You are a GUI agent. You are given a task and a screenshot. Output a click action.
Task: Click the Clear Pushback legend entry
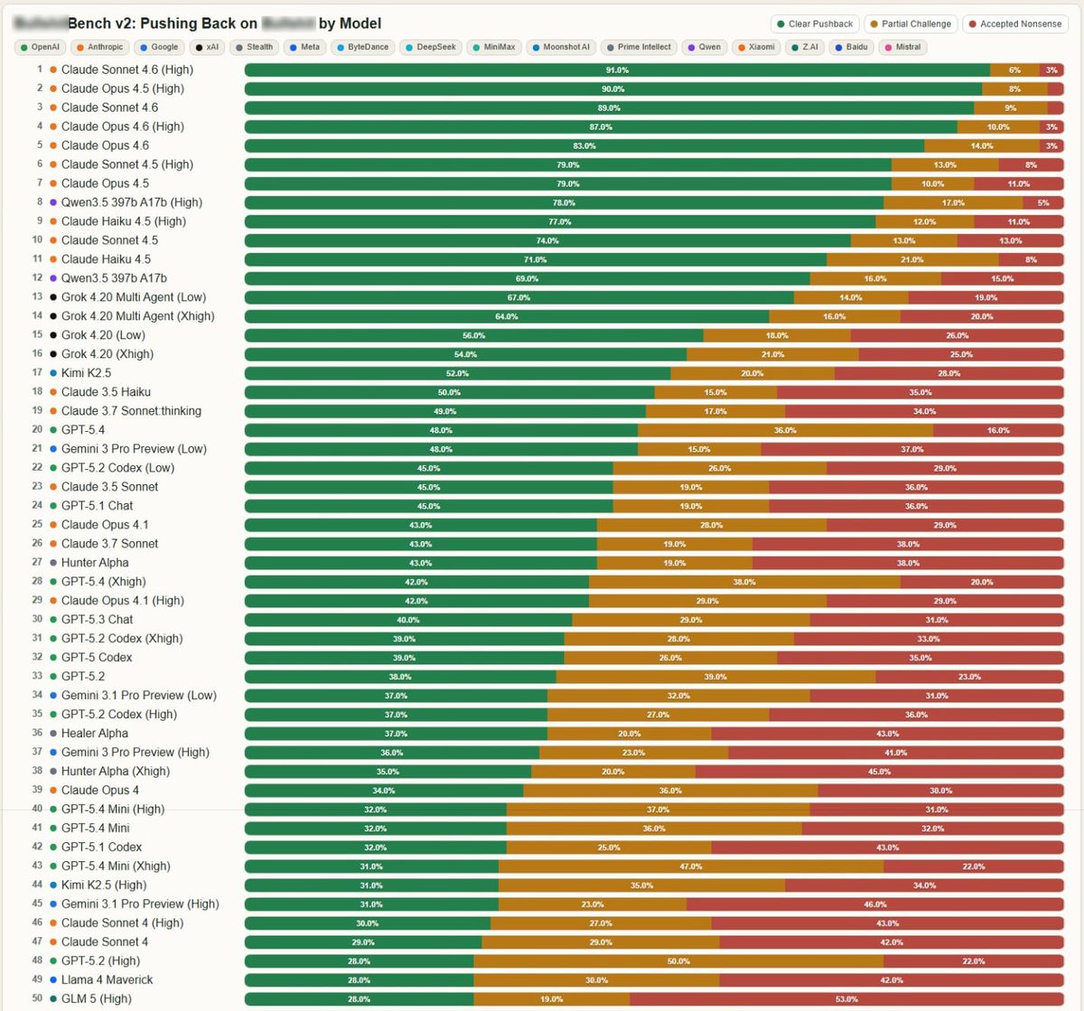point(814,23)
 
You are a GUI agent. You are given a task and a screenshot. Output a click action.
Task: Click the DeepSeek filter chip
point(430,47)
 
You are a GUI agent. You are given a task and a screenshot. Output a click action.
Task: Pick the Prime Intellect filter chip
point(638,47)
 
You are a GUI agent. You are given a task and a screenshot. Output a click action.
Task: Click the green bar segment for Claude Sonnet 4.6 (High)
point(617,70)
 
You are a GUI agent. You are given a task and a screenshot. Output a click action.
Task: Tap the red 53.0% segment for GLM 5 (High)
point(846,998)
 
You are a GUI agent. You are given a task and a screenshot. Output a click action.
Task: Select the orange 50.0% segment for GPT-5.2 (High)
point(678,960)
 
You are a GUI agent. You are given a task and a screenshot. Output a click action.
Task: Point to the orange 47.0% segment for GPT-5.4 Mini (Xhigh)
point(691,866)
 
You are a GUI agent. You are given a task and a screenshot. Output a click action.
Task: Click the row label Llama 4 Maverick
point(107,979)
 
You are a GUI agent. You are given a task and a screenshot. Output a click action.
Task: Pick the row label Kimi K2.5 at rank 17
point(86,372)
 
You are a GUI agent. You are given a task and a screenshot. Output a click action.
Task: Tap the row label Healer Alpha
point(94,733)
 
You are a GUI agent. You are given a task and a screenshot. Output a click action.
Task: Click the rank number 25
point(37,524)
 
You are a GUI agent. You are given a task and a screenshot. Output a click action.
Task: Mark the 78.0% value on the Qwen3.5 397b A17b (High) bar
point(564,202)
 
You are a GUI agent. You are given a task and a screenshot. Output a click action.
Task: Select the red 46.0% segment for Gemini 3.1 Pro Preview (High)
point(874,903)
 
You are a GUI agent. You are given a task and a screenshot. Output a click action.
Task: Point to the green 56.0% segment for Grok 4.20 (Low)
point(473,335)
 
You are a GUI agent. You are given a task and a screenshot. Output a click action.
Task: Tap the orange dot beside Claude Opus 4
point(53,791)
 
